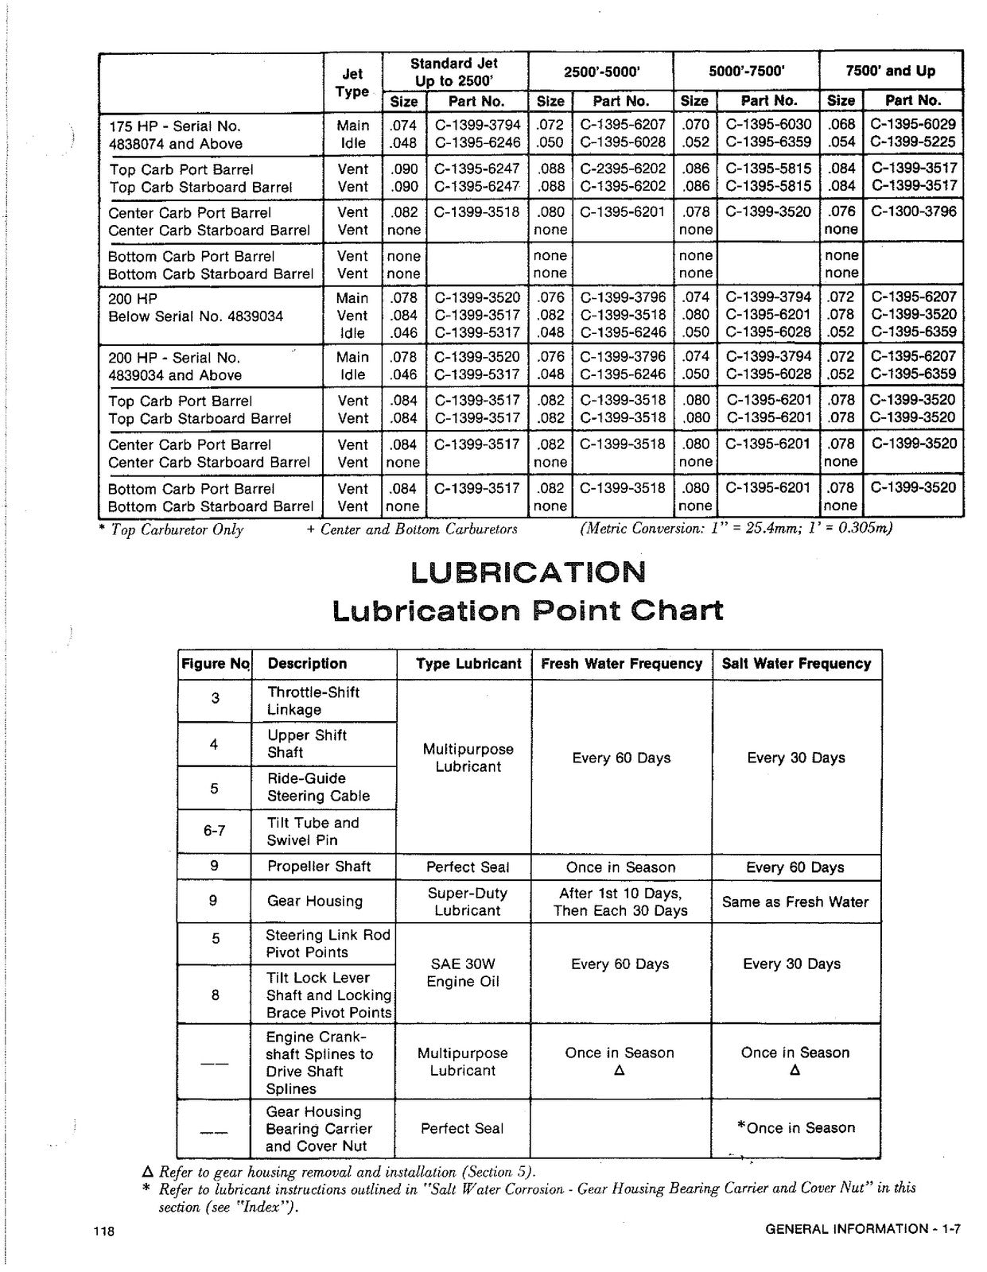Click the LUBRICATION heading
tap(528, 572)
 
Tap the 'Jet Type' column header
tap(352, 83)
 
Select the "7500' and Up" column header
tap(890, 71)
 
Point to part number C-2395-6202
tap(622, 169)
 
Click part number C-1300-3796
tap(914, 211)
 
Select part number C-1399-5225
tap(913, 142)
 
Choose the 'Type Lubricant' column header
tap(468, 664)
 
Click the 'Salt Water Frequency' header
tap(796, 664)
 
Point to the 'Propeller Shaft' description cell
tap(319, 867)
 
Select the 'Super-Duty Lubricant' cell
tap(467, 902)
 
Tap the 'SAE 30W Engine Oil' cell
tap(463, 972)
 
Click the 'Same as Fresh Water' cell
tap(795, 902)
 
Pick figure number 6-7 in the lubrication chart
tap(214, 831)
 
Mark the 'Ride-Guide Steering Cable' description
tap(318, 787)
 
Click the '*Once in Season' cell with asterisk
tap(796, 1127)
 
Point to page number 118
tap(103, 1231)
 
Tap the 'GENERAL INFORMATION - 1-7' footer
tap(863, 1229)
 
